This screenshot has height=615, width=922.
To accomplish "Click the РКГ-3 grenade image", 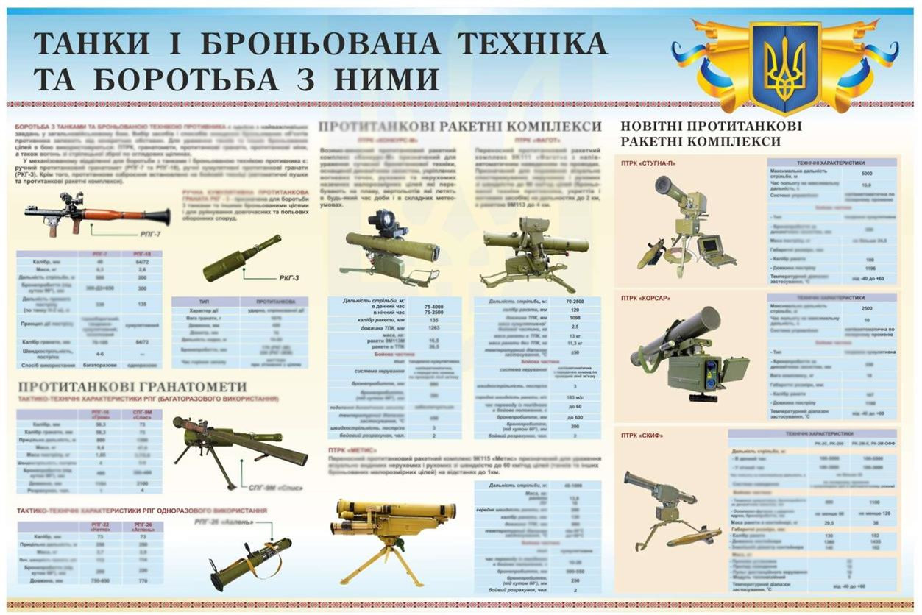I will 241,258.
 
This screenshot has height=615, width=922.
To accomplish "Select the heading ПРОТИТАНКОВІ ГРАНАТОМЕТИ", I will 132,387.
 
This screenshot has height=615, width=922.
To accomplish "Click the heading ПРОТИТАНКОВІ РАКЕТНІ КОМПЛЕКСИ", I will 460,127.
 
